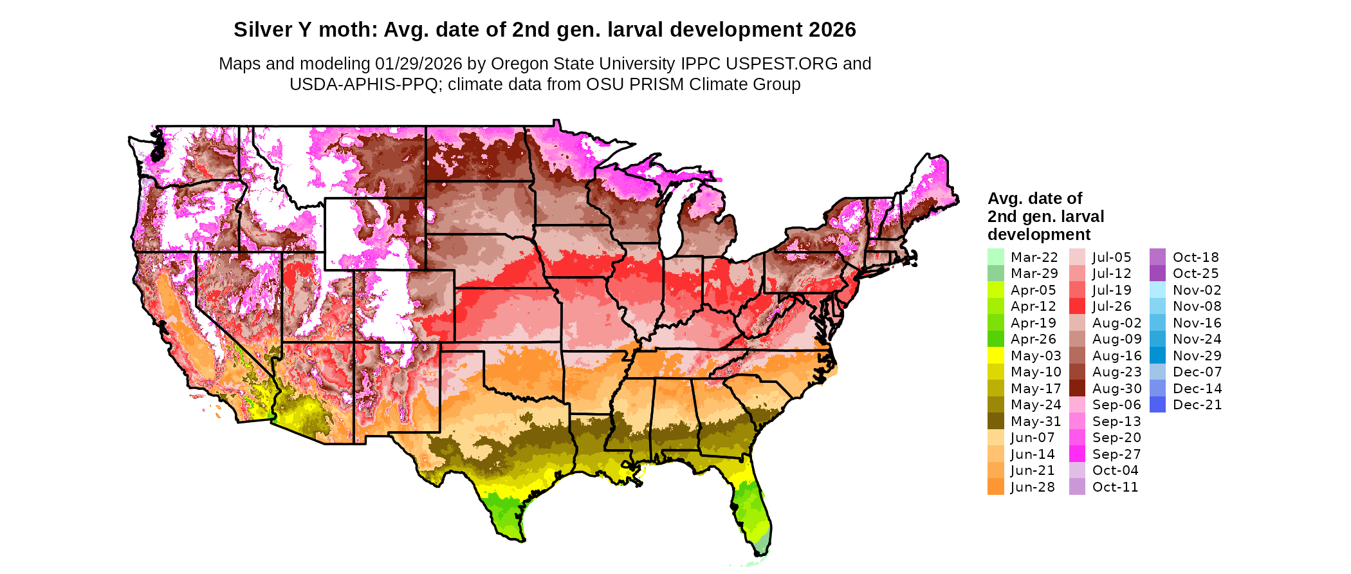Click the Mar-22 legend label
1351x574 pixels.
pyautogui.click(x=1034, y=257)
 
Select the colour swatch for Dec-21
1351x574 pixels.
pyautogui.click(x=1157, y=405)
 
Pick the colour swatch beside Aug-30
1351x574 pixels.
pyautogui.click(x=1077, y=389)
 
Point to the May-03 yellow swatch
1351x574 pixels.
pyautogui.click(x=995, y=356)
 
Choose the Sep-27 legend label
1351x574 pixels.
pyautogui.click(x=1116, y=454)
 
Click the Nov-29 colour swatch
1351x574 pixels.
pyautogui.click(x=1157, y=356)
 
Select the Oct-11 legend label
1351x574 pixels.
pyautogui.click(x=1115, y=487)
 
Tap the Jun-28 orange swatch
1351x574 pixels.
pyautogui.click(x=995, y=487)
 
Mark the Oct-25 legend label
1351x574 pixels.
pyautogui.click(x=1195, y=273)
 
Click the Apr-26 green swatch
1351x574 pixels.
pyautogui.click(x=995, y=339)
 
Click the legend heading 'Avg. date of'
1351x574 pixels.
pyautogui.click(x=1034, y=198)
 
